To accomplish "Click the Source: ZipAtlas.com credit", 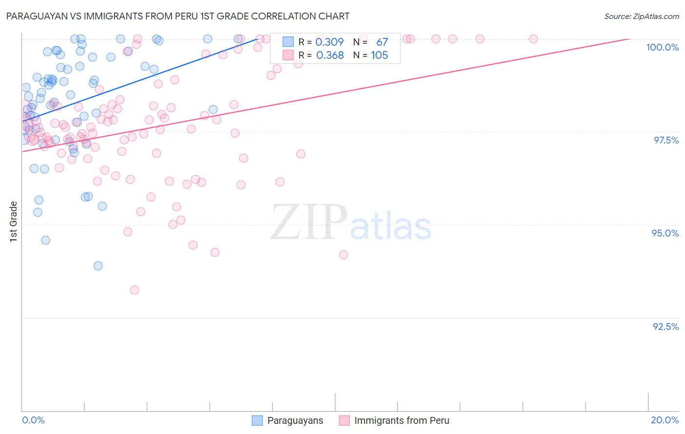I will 641,16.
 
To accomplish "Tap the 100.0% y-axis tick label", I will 662,47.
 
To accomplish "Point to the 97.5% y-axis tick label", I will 666,140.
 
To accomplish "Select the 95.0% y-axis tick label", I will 665,233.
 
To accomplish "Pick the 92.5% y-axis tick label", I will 665,326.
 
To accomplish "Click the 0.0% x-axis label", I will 33,420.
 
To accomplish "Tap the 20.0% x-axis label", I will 665,420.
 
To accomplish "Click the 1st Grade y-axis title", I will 14,221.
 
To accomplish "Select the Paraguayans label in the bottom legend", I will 295,421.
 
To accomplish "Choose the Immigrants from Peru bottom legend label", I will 401,421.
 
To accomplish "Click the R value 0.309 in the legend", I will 330,42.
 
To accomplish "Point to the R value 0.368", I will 330,55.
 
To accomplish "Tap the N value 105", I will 380,55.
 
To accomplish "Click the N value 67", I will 382,42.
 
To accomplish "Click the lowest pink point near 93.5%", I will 134,290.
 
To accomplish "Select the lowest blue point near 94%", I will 98,266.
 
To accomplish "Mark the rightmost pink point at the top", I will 533,39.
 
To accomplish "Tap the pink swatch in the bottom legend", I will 344,421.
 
